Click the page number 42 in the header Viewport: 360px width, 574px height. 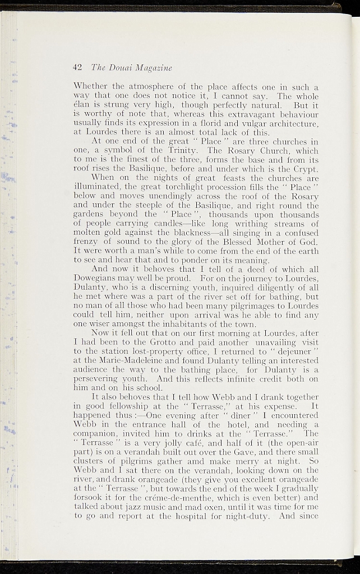pos(78,67)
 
